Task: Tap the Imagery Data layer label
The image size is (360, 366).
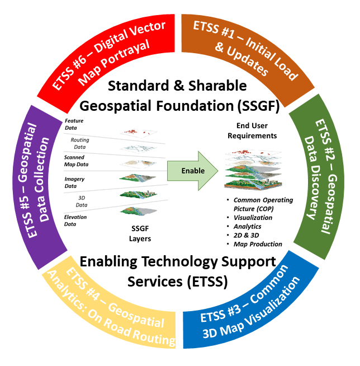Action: pyautogui.click(x=74, y=182)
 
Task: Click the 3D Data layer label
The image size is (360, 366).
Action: pyautogui.click(x=80, y=201)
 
